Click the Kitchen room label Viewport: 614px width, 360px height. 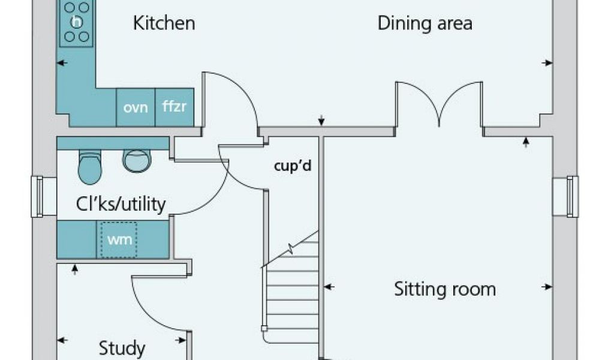coord(164,23)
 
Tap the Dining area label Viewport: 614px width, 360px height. coord(425,23)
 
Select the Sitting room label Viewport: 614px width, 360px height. coord(444,289)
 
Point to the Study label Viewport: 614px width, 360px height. coord(122,348)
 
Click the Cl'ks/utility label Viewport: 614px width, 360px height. coord(120,204)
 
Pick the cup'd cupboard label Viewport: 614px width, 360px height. coord(293,166)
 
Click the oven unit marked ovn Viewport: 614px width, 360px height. coord(136,107)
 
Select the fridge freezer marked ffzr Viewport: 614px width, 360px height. coord(174,107)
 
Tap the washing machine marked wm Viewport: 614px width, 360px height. coord(119,239)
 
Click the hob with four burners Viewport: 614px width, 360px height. coord(77,22)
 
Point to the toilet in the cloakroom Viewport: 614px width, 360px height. coord(90,166)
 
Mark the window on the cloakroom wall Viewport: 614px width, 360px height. coord(38,196)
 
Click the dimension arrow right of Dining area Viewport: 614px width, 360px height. coord(546,62)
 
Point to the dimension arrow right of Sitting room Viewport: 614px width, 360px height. coord(546,287)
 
